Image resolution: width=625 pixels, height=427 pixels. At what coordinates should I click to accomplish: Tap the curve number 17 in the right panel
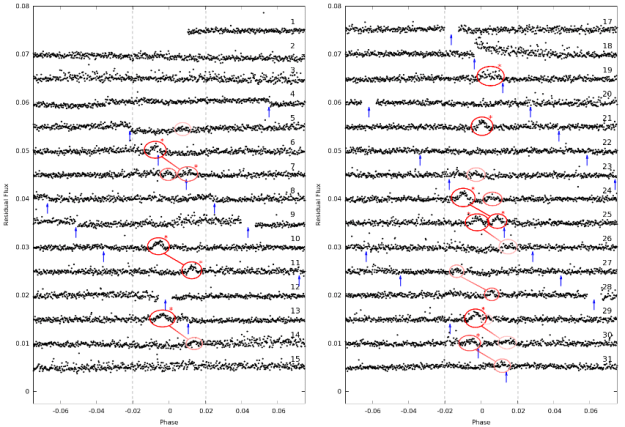pyautogui.click(x=607, y=21)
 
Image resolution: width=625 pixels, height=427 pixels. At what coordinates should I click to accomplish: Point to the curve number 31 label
pyautogui.click(x=607, y=359)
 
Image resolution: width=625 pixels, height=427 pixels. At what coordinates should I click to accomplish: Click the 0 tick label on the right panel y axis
pyautogui.click(x=337, y=392)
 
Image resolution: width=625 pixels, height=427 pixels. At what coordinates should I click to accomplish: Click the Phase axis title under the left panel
pyautogui.click(x=168, y=422)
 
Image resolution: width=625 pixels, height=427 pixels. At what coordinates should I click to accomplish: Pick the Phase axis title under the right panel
pyautogui.click(x=481, y=422)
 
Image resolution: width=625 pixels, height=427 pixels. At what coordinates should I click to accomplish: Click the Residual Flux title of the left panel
pyautogui.click(x=6, y=200)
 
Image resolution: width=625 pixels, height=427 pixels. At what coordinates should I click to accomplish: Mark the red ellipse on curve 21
pyautogui.click(x=482, y=126)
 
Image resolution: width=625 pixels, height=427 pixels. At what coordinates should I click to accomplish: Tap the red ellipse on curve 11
pyautogui.click(x=192, y=269)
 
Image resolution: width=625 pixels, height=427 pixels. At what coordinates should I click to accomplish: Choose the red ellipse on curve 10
pyautogui.click(x=158, y=246)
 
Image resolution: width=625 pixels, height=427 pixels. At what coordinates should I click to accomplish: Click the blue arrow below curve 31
pyautogui.click(x=506, y=377)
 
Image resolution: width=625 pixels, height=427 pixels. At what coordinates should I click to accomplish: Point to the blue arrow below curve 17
pyautogui.click(x=451, y=39)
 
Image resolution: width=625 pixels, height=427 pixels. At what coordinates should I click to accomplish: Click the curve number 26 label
pyautogui.click(x=607, y=239)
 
